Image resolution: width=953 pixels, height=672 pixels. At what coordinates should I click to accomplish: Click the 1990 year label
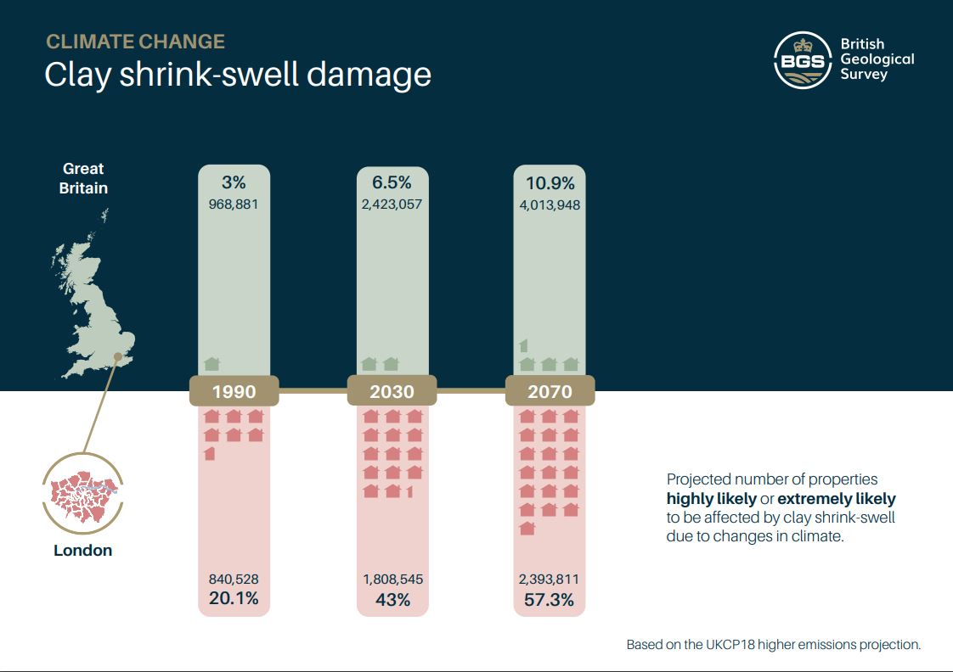234,392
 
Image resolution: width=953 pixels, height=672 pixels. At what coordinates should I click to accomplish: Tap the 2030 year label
392,392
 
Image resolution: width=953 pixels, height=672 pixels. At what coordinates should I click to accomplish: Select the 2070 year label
550,392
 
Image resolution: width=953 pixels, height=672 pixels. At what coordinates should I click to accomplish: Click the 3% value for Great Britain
234,182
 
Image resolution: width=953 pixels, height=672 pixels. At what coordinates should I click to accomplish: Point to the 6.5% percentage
392,182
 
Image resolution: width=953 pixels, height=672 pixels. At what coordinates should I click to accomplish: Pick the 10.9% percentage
550,182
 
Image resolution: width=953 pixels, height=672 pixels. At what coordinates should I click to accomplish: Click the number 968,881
234,204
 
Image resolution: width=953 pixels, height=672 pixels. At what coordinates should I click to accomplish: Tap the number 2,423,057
392,204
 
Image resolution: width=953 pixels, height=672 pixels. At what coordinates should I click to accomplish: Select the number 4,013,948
550,204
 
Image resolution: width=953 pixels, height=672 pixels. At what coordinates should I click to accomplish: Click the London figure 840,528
234,580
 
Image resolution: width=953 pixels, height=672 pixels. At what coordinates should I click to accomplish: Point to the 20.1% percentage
234,599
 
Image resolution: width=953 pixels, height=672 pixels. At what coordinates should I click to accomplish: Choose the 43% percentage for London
392,599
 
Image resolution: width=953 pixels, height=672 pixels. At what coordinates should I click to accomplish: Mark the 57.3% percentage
550,599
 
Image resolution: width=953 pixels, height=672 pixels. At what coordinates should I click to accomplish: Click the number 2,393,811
550,580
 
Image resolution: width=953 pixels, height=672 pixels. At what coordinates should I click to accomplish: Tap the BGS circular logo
802,59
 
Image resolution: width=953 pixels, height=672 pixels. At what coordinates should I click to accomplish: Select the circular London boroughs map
82,493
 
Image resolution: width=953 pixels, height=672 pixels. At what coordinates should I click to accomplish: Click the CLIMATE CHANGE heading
135,42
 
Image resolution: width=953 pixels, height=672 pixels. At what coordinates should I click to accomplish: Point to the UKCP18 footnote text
773,645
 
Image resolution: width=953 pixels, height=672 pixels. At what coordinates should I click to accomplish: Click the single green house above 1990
211,364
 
